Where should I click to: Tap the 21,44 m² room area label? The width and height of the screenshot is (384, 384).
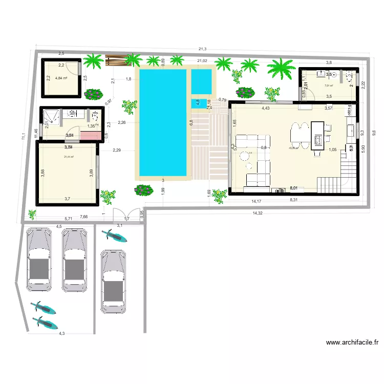(69, 157)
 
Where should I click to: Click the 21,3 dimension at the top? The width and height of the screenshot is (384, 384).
(203, 49)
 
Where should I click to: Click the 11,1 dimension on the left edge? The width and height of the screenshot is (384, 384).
(23, 137)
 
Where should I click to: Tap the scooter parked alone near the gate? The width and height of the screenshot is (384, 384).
(115, 237)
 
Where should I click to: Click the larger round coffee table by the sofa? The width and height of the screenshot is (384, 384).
(249, 154)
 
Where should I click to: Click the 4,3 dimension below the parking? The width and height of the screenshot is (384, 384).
(61, 333)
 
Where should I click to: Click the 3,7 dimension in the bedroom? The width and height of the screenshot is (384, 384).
(67, 198)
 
